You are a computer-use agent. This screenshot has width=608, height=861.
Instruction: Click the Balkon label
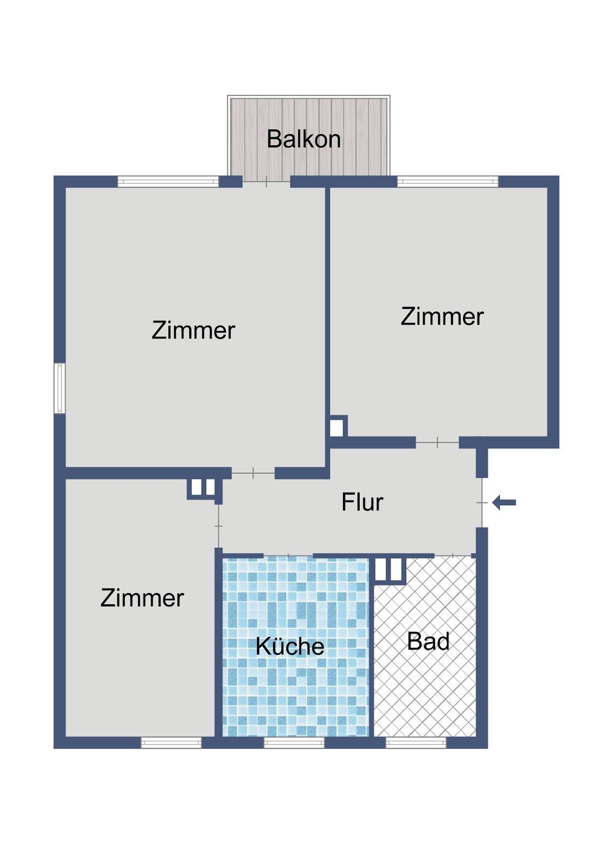click(303, 139)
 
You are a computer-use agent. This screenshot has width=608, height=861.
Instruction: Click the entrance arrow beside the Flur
click(504, 502)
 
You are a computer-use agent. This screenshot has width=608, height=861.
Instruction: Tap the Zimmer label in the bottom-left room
click(142, 598)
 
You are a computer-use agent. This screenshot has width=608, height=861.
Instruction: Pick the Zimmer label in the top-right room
click(442, 316)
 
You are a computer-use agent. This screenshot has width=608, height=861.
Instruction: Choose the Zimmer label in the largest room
click(193, 330)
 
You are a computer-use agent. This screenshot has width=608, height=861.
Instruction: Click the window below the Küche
click(294, 743)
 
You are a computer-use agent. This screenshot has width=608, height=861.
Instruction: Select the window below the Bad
click(416, 743)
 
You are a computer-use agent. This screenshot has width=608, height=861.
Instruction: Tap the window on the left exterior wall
click(60, 388)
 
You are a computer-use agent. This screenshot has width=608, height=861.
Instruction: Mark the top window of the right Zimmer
click(447, 181)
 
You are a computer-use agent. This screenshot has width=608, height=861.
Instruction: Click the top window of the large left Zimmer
click(168, 181)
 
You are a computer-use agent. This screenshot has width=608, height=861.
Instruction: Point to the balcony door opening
click(266, 181)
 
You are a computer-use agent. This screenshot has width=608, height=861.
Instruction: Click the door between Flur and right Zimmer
click(437, 442)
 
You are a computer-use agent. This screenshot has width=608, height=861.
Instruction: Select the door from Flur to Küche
click(288, 555)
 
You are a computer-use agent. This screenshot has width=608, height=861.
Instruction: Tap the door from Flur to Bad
click(453, 555)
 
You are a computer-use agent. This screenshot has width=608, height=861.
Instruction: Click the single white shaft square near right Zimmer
click(337, 428)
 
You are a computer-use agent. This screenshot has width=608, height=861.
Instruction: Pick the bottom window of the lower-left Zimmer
click(171, 743)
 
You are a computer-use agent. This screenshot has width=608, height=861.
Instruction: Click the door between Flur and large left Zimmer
click(253, 473)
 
